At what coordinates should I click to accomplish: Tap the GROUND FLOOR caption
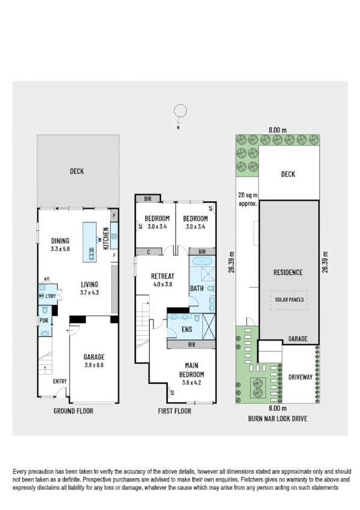[x=73, y=411]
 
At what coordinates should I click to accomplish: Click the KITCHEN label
[x=106, y=238]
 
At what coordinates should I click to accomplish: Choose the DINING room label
[x=60, y=241]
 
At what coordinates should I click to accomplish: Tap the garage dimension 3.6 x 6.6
[x=94, y=364]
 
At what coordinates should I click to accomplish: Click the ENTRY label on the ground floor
[x=59, y=381]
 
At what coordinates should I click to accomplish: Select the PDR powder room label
[x=44, y=320]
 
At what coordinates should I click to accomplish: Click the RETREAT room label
[x=162, y=276]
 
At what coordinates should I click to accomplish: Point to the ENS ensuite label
[x=186, y=330]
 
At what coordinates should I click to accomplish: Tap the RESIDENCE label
[x=287, y=272]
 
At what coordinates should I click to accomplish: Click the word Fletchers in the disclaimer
[x=220, y=481]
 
